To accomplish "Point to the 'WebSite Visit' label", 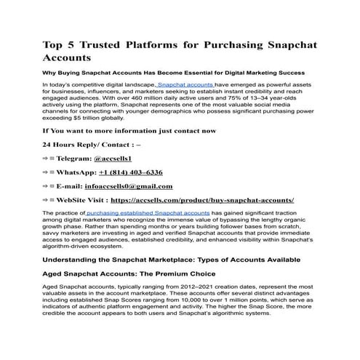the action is pos(84,200).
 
